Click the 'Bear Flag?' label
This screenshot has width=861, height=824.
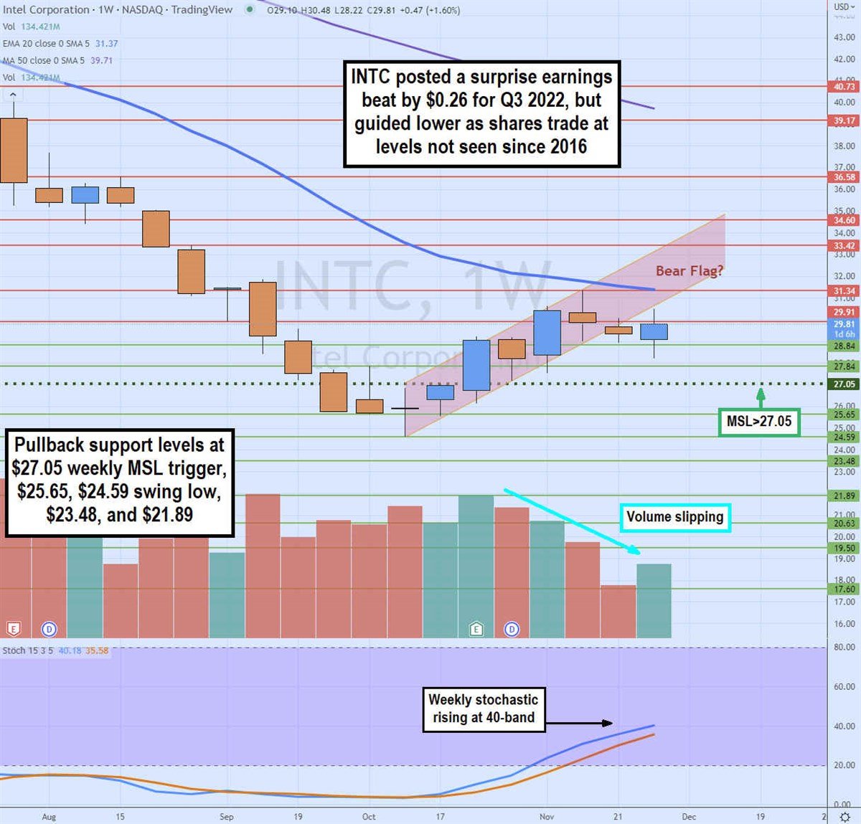689,271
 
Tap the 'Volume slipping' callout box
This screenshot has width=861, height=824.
674,517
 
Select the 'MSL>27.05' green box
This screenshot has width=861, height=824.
758,422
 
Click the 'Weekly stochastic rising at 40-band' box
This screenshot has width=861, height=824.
483,709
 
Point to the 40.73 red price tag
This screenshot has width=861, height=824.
844,87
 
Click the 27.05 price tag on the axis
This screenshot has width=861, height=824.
844,384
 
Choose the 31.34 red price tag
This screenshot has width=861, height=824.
844,291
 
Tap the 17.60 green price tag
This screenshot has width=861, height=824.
844,589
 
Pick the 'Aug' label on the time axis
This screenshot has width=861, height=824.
49,817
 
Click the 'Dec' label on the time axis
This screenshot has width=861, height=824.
689,817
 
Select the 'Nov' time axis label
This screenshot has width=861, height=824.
547,817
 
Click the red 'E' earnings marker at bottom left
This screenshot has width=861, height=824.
13,630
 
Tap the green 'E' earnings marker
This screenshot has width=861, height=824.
476,630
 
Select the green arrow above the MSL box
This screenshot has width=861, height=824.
761,397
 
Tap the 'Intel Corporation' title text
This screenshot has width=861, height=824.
46,9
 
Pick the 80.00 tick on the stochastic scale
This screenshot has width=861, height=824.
844,647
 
